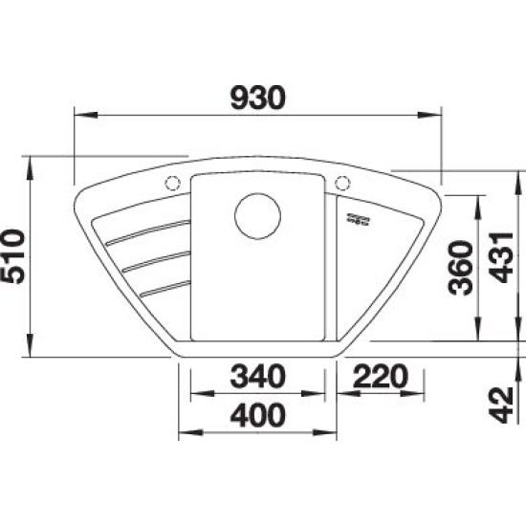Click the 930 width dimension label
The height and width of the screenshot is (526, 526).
(x=258, y=98)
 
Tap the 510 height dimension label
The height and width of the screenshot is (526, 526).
(x=12, y=256)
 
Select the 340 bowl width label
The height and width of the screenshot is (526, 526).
(x=257, y=377)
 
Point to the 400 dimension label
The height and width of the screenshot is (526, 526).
(x=257, y=415)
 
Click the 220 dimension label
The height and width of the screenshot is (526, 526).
(x=381, y=377)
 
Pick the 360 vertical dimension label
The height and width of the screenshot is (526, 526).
(x=462, y=268)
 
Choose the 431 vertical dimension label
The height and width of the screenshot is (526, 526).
(x=502, y=257)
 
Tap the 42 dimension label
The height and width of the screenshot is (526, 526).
(x=502, y=405)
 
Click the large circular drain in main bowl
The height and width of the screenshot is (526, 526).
(x=257, y=216)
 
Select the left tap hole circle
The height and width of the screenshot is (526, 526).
(x=173, y=184)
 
